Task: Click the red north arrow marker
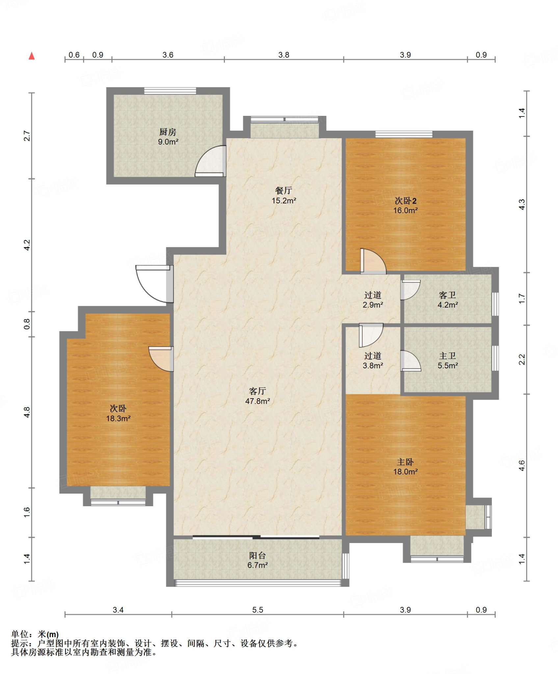pos(32,56)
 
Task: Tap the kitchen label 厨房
pos(168,132)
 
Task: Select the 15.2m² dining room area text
pos(284,200)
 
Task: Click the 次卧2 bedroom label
pos(406,200)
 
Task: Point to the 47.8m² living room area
pos(257,401)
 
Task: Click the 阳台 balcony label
pos(257,556)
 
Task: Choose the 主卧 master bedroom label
pos(405,462)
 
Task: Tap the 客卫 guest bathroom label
pos(447,295)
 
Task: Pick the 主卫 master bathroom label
pos(447,356)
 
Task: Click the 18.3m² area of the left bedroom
pos(118,418)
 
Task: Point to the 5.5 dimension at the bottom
pos(258,610)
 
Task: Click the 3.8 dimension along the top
pos(284,55)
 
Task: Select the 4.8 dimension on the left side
pos(27,412)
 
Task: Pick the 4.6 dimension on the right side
pos(522,465)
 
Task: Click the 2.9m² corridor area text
pos(373,305)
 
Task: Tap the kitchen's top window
pos(170,91)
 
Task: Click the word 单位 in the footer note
pos(19,634)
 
